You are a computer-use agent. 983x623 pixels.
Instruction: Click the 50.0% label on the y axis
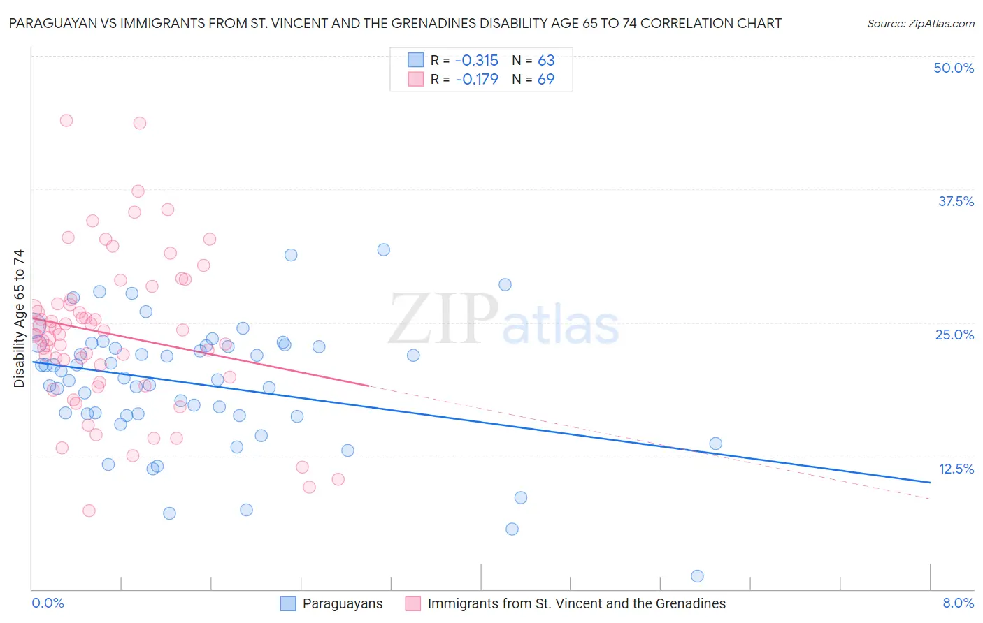pos(954,68)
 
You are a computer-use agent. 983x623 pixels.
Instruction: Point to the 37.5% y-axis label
pos(956,201)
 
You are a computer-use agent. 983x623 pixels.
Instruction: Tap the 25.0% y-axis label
pos(954,335)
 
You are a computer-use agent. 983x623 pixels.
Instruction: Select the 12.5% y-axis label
pos(956,469)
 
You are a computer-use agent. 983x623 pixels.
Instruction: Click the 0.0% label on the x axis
pos(48,603)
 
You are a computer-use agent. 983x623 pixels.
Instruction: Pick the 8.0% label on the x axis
pos(958,603)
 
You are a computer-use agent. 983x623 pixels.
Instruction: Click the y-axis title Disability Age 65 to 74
pos(19,318)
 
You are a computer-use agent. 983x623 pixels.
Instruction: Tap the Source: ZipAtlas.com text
pos(920,23)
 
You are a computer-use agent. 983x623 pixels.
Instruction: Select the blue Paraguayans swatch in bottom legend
pos(288,603)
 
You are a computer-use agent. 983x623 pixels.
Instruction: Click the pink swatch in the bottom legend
pos(413,603)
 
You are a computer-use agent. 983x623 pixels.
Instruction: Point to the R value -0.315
pos(476,60)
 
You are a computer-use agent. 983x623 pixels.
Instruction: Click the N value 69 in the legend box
pos(545,79)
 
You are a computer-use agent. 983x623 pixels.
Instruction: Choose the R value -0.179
pos(476,79)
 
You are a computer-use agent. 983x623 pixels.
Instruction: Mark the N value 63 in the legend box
pos(545,60)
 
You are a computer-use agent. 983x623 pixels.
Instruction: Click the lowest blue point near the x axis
pos(697,576)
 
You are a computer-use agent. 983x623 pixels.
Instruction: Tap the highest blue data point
pos(383,249)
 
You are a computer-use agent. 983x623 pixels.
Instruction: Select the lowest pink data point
pos(89,511)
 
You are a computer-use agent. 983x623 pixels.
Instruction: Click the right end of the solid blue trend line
pos(930,482)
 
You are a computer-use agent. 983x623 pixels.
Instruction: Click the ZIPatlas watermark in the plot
pos(503,318)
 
